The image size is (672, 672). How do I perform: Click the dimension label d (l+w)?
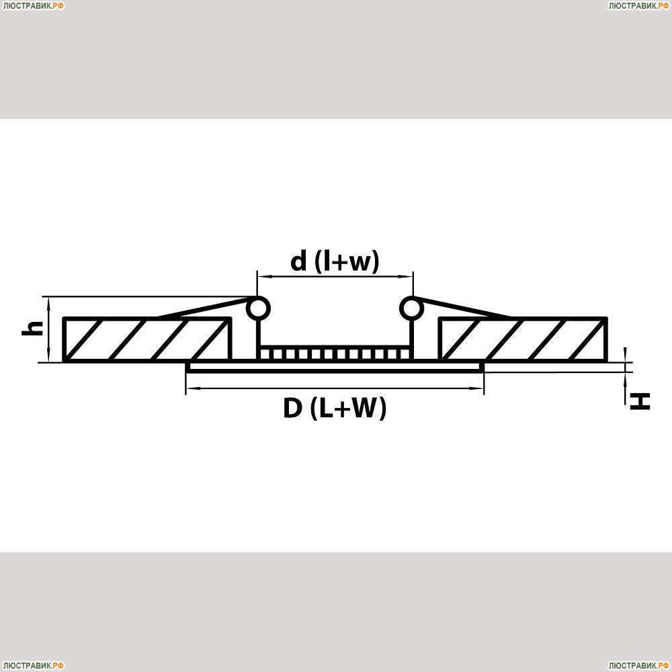tap(335, 261)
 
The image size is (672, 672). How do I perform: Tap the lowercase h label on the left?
tap(32, 328)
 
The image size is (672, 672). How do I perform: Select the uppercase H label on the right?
tap(640, 402)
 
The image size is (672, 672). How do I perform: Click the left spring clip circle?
tap(258, 308)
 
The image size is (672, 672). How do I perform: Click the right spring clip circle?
tap(412, 308)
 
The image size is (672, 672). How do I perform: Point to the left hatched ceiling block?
tap(147, 339)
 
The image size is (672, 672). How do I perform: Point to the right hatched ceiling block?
tap(523, 339)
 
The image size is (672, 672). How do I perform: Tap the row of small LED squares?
tap(335, 353)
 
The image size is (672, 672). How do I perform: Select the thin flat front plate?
tap(335, 368)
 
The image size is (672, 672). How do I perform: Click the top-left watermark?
tap(33, 5)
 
